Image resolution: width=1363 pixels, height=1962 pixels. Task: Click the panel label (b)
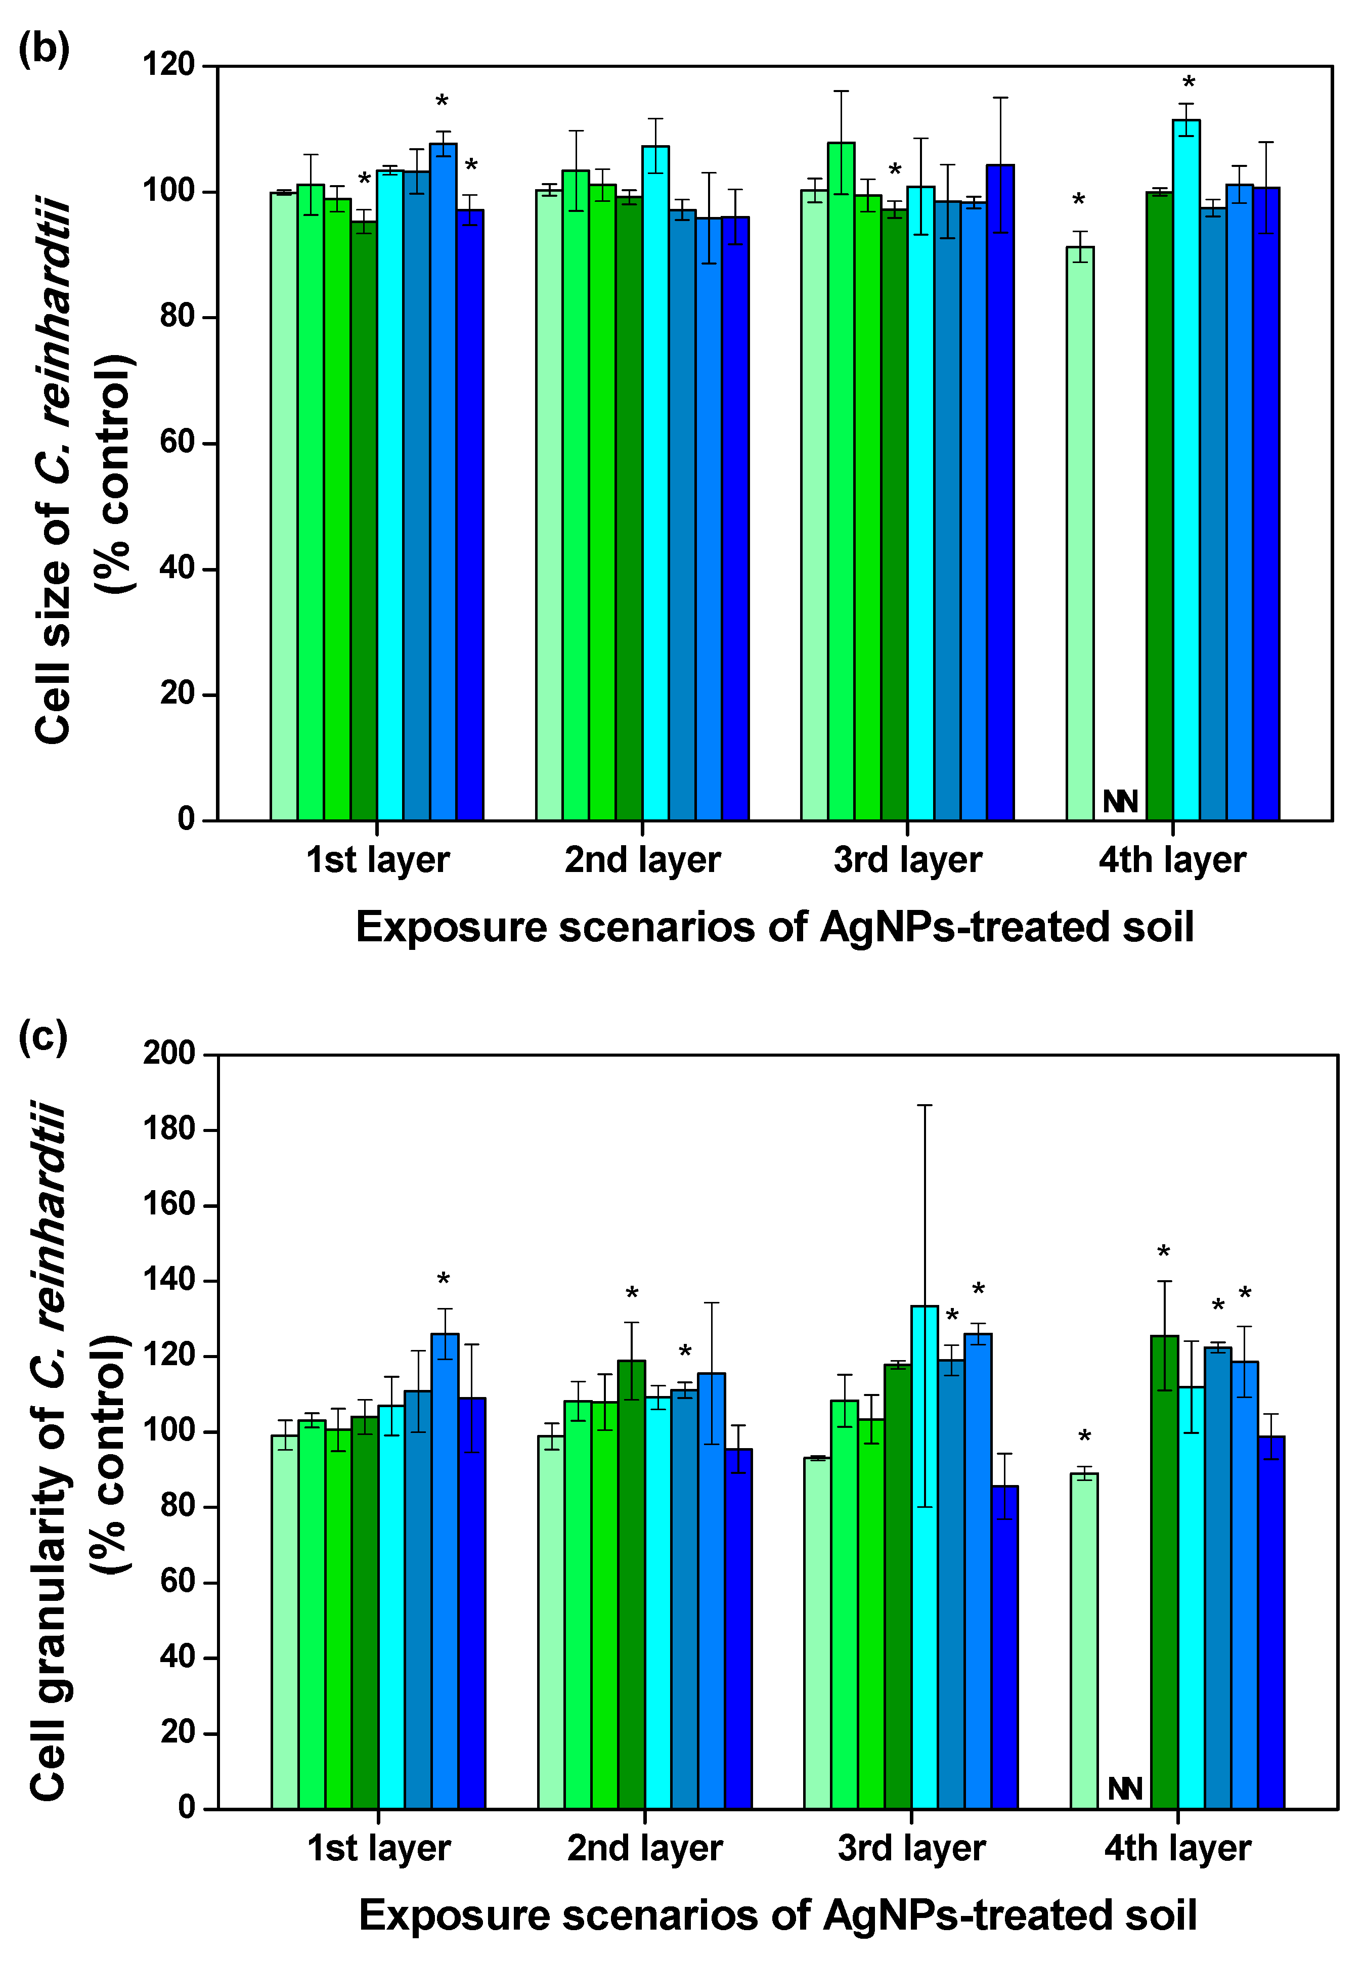(x=43, y=49)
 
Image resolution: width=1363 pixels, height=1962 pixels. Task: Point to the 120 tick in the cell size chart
(x=168, y=65)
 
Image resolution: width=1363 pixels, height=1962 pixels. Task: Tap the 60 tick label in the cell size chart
(x=177, y=443)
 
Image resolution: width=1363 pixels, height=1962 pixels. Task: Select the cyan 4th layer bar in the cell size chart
(x=1185, y=470)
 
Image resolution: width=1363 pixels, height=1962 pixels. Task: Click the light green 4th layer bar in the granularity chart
(x=1084, y=1640)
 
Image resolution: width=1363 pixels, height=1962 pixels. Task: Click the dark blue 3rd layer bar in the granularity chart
(x=1004, y=1648)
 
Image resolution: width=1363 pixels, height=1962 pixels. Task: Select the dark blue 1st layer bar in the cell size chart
(x=470, y=512)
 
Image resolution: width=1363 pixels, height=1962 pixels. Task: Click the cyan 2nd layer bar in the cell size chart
(x=655, y=483)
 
